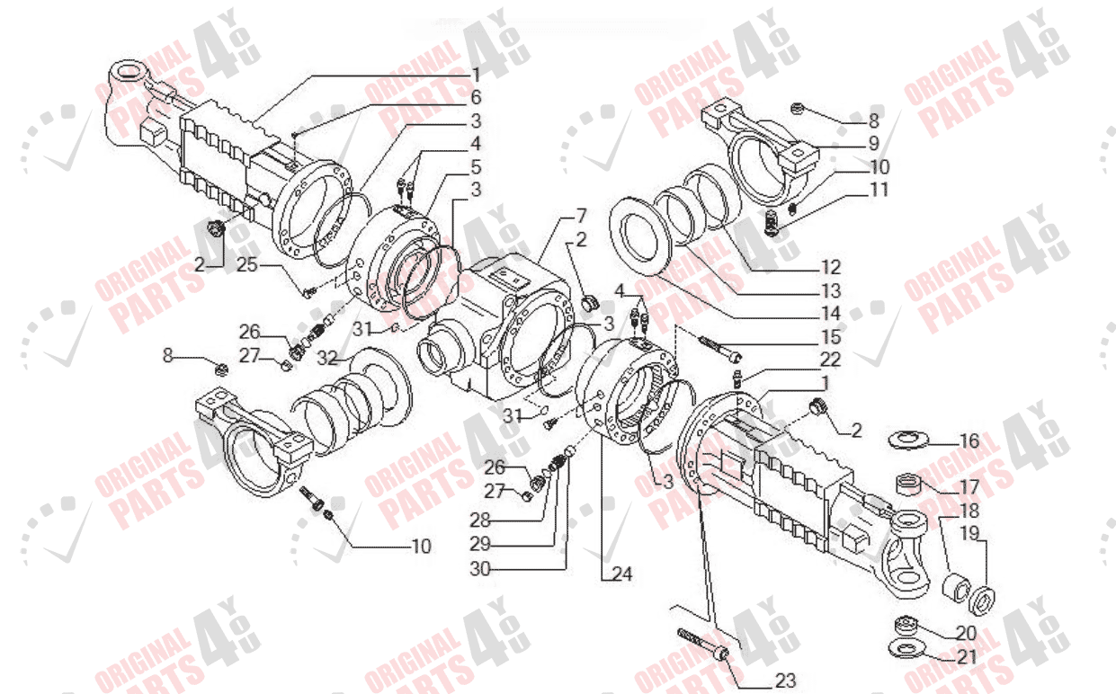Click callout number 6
click(x=476, y=96)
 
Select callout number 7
click(x=581, y=216)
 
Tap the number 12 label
click(x=830, y=267)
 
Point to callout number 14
click(x=830, y=314)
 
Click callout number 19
click(x=969, y=532)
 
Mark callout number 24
click(x=622, y=573)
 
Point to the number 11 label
click(x=879, y=190)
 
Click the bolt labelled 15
click(x=718, y=346)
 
